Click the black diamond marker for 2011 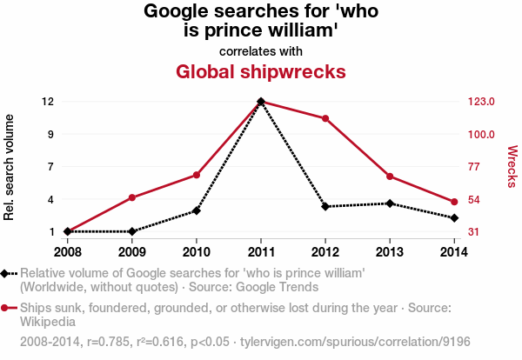[x=261, y=101]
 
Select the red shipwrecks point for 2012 [x=325, y=118]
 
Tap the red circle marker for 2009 [x=132, y=197]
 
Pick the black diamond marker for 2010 [x=197, y=210]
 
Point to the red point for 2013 [x=390, y=177]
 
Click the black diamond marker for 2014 [x=454, y=218]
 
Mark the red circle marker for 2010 [x=197, y=175]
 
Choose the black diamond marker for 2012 [x=325, y=207]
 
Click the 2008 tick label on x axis [x=68, y=252]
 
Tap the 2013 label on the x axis [x=390, y=252]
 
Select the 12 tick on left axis [x=48, y=101]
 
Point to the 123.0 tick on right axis [x=481, y=101]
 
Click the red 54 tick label [x=474, y=200]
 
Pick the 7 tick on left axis [x=50, y=166]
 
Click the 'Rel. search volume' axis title [x=9, y=167]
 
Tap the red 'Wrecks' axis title [x=512, y=166]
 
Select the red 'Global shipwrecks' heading [x=261, y=72]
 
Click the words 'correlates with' [x=261, y=51]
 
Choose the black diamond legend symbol [x=4, y=274]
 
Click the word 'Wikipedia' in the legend [x=48, y=322]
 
